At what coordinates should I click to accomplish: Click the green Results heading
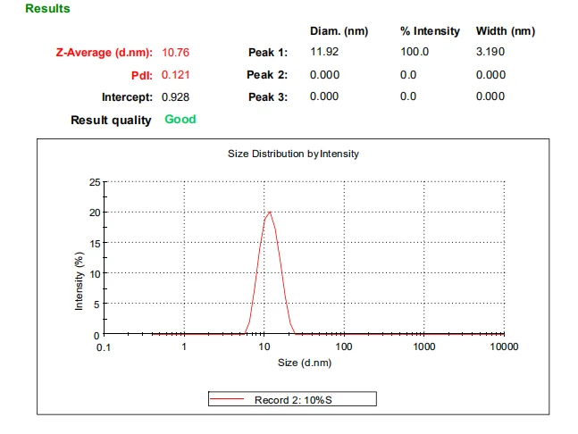coord(47,9)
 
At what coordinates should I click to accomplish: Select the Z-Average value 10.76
coord(176,52)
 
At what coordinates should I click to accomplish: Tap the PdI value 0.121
coord(176,75)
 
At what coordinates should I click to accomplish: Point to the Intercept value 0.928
coord(176,97)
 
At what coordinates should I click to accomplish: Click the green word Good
coord(180,119)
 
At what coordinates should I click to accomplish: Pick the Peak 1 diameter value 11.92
coord(324,52)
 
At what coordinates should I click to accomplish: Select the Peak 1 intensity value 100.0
coord(415,52)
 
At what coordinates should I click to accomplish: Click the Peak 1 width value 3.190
coord(490,52)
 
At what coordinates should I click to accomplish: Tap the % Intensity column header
coord(430,31)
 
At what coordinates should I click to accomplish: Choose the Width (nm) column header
coord(506,31)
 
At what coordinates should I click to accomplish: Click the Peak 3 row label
coord(267,97)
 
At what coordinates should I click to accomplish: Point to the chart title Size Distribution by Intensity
coord(294,154)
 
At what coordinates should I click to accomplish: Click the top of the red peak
coord(269,212)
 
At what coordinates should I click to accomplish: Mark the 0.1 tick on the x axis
coord(105,346)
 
